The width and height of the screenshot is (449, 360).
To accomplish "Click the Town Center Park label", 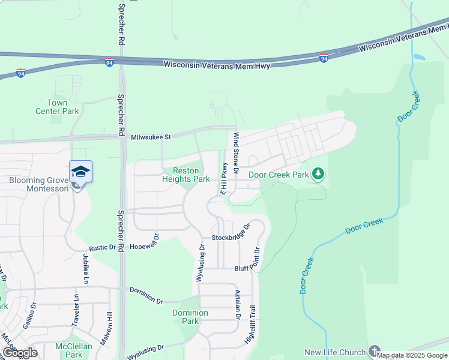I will coord(65,107).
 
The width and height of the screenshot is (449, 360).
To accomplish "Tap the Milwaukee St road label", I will coord(151,137).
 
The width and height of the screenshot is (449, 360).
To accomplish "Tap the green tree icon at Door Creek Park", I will coord(318,175).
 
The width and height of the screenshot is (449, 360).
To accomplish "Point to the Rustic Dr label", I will coord(103,247).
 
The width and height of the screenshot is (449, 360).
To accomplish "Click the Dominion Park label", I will coord(190,317).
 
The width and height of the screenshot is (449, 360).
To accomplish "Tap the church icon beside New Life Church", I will coord(375,352).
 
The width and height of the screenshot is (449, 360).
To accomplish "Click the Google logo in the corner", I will coord(20,352).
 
